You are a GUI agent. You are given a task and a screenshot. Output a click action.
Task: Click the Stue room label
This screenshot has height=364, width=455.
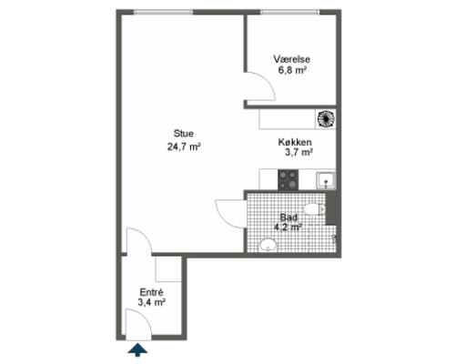pyautogui.click(x=184, y=134)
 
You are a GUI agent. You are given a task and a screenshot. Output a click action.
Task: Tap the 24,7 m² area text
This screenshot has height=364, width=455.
pyautogui.click(x=184, y=147)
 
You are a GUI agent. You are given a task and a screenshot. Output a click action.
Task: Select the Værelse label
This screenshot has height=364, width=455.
pyautogui.click(x=292, y=59)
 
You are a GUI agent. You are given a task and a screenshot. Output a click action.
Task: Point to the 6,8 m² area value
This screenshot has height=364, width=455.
pyautogui.click(x=292, y=70)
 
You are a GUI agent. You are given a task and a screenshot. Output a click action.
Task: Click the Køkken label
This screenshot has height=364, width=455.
pyautogui.click(x=295, y=142)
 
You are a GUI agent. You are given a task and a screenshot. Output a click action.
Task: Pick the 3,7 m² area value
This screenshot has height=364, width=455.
pyautogui.click(x=298, y=152)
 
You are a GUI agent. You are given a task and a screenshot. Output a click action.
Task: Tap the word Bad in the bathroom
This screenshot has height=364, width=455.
pyautogui.click(x=288, y=217)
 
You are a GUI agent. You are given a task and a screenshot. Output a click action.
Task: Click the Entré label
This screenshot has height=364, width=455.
pyautogui.click(x=151, y=292)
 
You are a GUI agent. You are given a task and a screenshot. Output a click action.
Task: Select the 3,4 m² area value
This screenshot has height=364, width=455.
pyautogui.click(x=151, y=302)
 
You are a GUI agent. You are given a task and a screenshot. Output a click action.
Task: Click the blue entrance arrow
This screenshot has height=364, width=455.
pyautogui.click(x=137, y=349)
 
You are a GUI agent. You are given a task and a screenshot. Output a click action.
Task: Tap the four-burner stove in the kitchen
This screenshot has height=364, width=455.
pyautogui.click(x=288, y=179)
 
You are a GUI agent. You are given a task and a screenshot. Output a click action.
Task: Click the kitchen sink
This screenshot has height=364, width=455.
pyautogui.click(x=326, y=180)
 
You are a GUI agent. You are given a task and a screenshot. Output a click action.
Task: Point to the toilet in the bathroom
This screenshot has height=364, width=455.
pyautogui.click(x=315, y=209)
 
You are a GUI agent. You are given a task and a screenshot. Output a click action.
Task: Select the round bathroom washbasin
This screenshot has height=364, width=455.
pyautogui.click(x=268, y=245)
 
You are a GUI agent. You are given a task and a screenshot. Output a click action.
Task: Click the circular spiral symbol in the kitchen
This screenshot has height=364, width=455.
pyautogui.click(x=326, y=118)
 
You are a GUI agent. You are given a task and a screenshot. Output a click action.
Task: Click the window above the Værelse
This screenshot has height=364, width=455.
pyautogui.click(x=290, y=12)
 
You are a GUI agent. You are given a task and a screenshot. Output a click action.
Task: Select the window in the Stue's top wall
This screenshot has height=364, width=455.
pyautogui.click(x=164, y=12)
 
